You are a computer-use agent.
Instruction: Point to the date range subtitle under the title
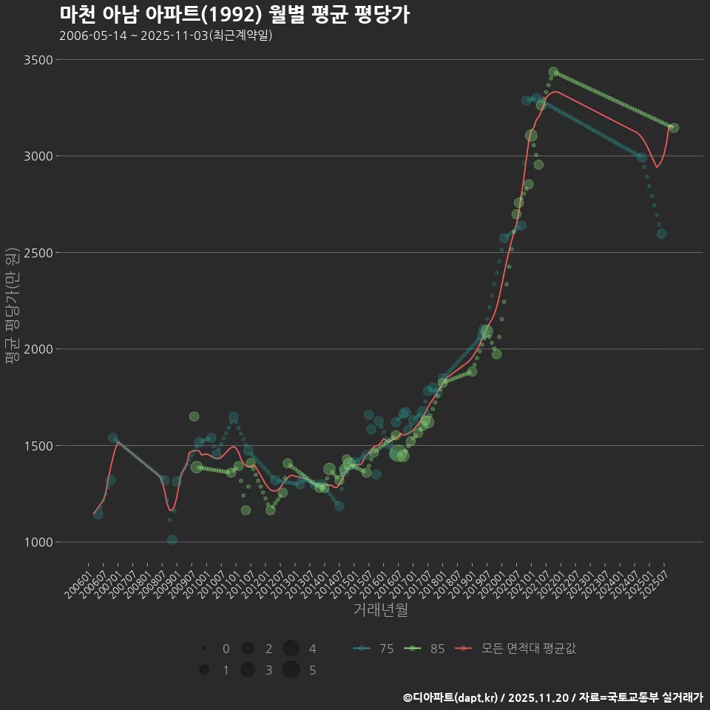[166, 35]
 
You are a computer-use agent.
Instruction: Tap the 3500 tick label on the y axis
[36, 60]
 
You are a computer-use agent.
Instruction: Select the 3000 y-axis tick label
[36, 156]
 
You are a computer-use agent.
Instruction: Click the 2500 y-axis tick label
[36, 253]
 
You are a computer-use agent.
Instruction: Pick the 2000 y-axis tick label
[36, 349]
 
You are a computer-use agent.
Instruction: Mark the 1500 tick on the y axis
[36, 446]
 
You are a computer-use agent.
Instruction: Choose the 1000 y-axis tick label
[36, 542]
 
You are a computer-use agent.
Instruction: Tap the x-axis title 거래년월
[380, 609]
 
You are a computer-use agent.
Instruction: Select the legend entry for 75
[374, 649]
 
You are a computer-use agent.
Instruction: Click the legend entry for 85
[425, 649]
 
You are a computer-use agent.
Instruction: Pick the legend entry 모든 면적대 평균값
[518, 649]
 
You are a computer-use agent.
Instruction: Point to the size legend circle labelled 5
[291, 670]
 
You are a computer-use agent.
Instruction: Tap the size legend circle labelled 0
[203, 649]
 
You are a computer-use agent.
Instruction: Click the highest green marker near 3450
[553, 72]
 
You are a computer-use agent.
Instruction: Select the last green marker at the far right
[674, 128]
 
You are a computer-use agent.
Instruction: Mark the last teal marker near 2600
[662, 234]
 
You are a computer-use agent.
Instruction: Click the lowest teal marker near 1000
[172, 540]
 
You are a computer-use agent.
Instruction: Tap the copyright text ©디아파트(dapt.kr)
[451, 697]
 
